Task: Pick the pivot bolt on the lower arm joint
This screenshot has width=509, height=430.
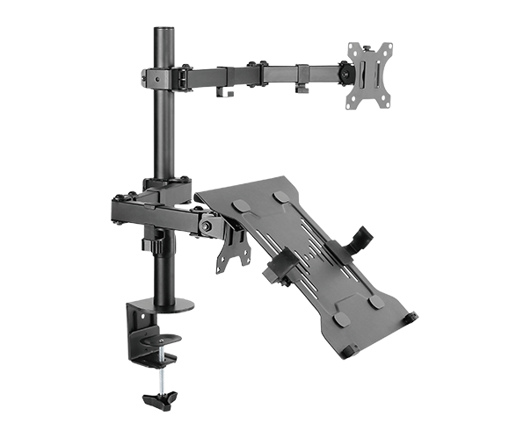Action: (x=206, y=226)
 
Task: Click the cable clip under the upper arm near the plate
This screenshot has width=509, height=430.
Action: (x=301, y=86)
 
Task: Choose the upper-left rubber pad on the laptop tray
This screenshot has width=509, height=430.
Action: (x=237, y=204)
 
